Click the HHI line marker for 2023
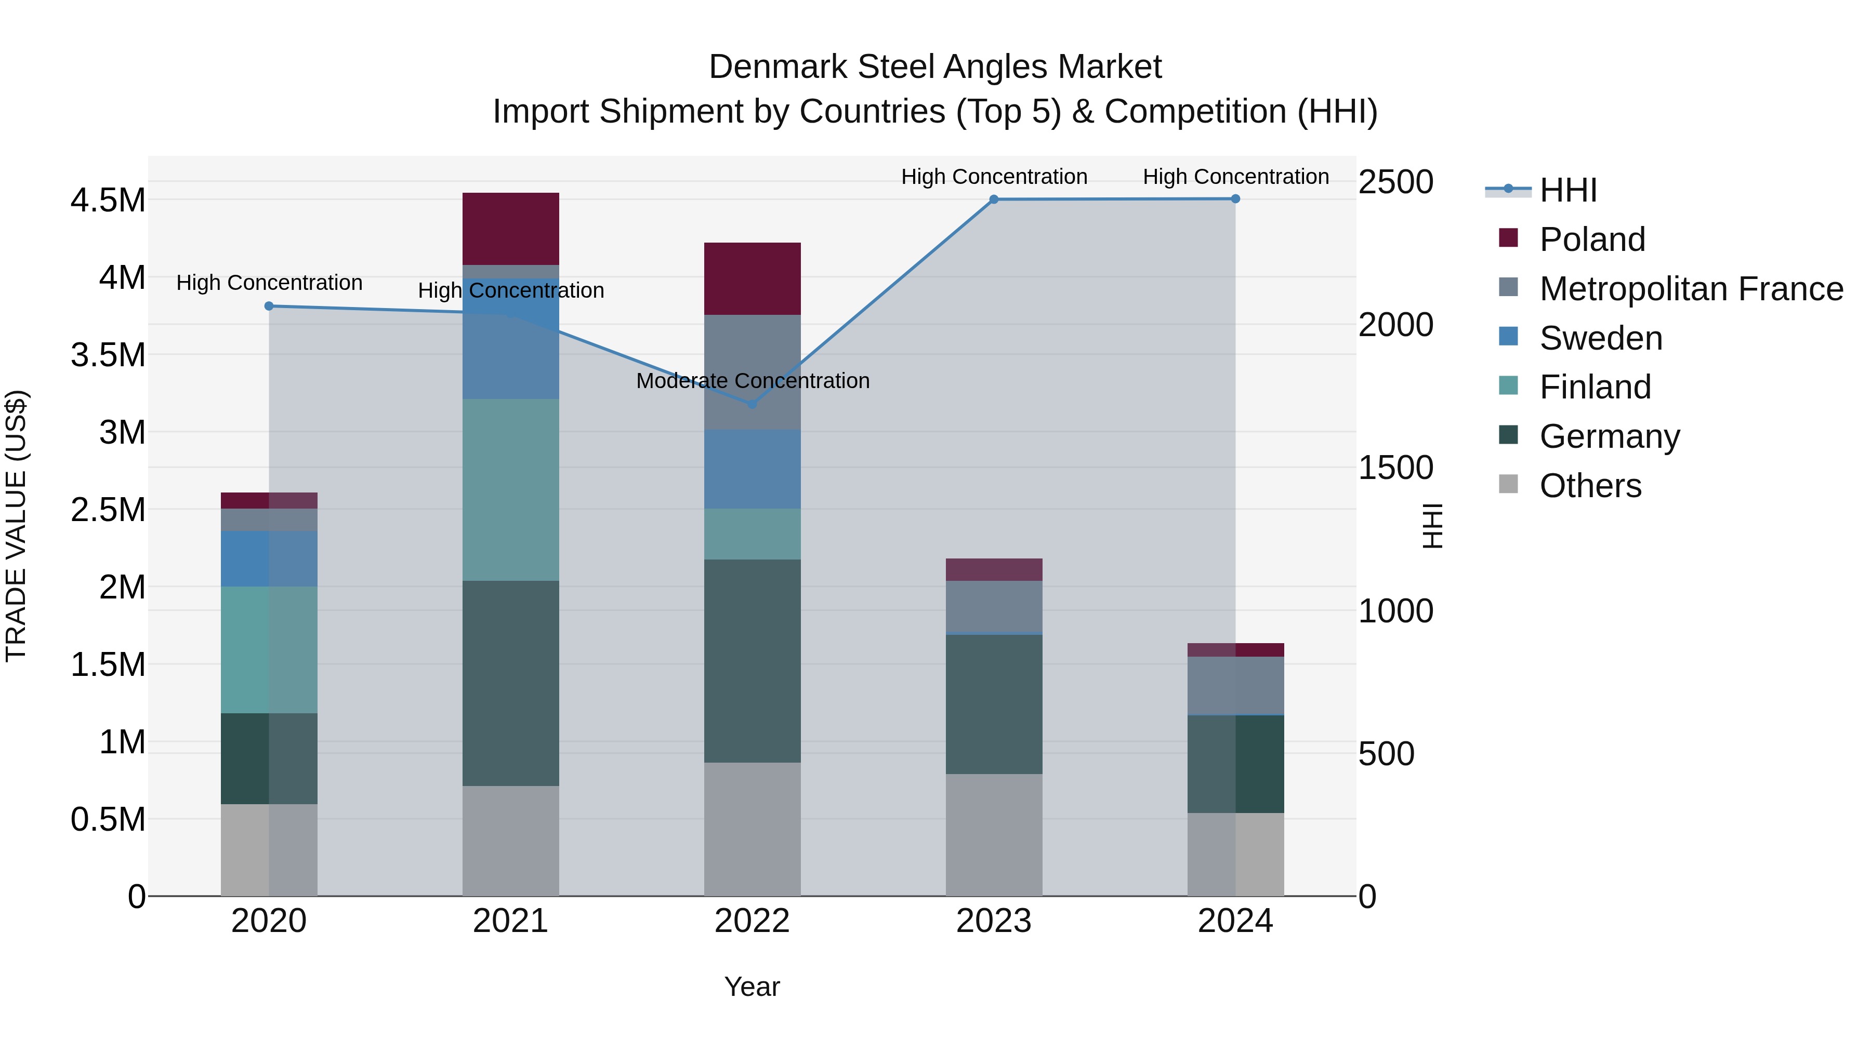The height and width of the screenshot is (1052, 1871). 994,199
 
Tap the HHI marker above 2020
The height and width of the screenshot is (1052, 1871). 269,307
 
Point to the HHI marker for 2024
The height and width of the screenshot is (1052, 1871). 1235,199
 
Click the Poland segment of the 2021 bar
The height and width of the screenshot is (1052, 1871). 510,229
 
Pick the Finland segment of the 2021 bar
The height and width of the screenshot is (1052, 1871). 510,490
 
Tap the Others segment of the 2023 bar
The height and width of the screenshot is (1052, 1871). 994,835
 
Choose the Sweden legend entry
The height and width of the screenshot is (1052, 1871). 1601,338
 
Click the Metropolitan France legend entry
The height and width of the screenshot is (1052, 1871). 1691,289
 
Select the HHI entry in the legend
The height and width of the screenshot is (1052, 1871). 1568,190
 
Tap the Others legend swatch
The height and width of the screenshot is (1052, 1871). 1509,484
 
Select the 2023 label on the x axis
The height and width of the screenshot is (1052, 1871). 994,921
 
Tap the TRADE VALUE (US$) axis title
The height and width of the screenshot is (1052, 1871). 16,526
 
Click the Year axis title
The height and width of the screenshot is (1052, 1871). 752,987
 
